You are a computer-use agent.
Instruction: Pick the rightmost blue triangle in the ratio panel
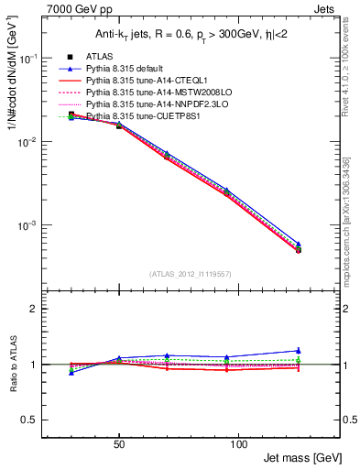298,350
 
